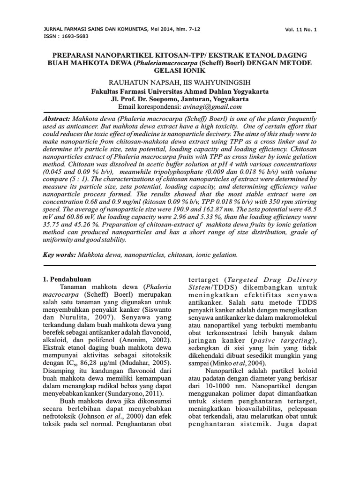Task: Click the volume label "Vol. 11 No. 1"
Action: (300, 30)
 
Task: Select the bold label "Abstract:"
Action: (56, 120)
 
